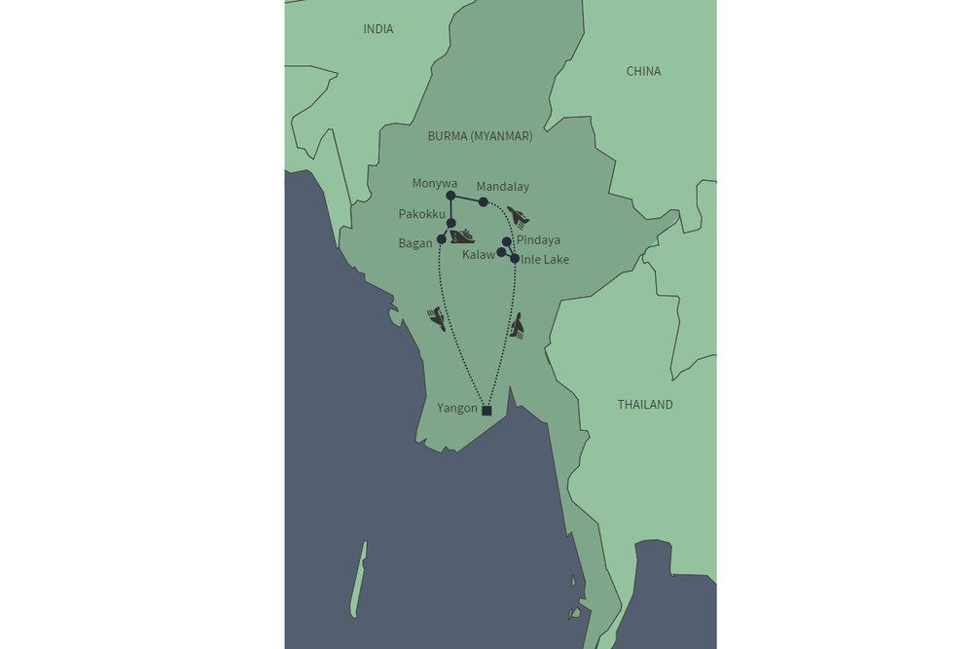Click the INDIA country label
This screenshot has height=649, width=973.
click(x=378, y=29)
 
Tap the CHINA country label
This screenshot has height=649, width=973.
click(x=643, y=71)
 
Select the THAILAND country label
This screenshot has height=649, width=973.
click(x=645, y=405)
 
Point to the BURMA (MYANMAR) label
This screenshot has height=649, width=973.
click(x=480, y=137)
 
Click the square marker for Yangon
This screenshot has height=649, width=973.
click(x=487, y=411)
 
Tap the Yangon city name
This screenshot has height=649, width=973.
click(x=458, y=409)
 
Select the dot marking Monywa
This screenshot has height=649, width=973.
click(x=450, y=196)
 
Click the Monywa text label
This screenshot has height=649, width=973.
click(x=435, y=183)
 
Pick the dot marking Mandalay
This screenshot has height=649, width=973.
click(x=483, y=202)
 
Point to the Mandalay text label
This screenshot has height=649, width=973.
click(x=503, y=186)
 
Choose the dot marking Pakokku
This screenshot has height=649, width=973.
click(x=451, y=224)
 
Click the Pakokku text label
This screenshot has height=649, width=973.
click(x=422, y=214)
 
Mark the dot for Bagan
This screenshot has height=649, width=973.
click(x=442, y=239)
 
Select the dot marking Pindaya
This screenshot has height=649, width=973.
click(x=507, y=241)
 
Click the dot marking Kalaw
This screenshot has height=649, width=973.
click(x=501, y=252)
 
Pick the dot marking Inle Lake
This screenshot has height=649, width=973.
click(x=515, y=259)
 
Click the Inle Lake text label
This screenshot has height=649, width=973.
click(x=545, y=260)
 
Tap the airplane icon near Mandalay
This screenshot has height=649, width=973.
click(x=519, y=215)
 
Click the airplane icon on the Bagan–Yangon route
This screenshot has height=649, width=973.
click(x=437, y=318)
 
